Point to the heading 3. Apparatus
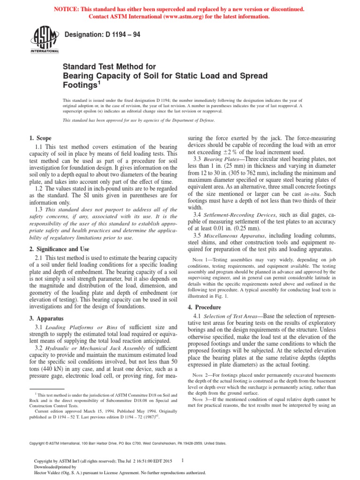coord(46,318)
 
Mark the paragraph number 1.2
coord(39,188)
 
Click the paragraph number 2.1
coord(39,258)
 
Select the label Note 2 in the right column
coord(202,375)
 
